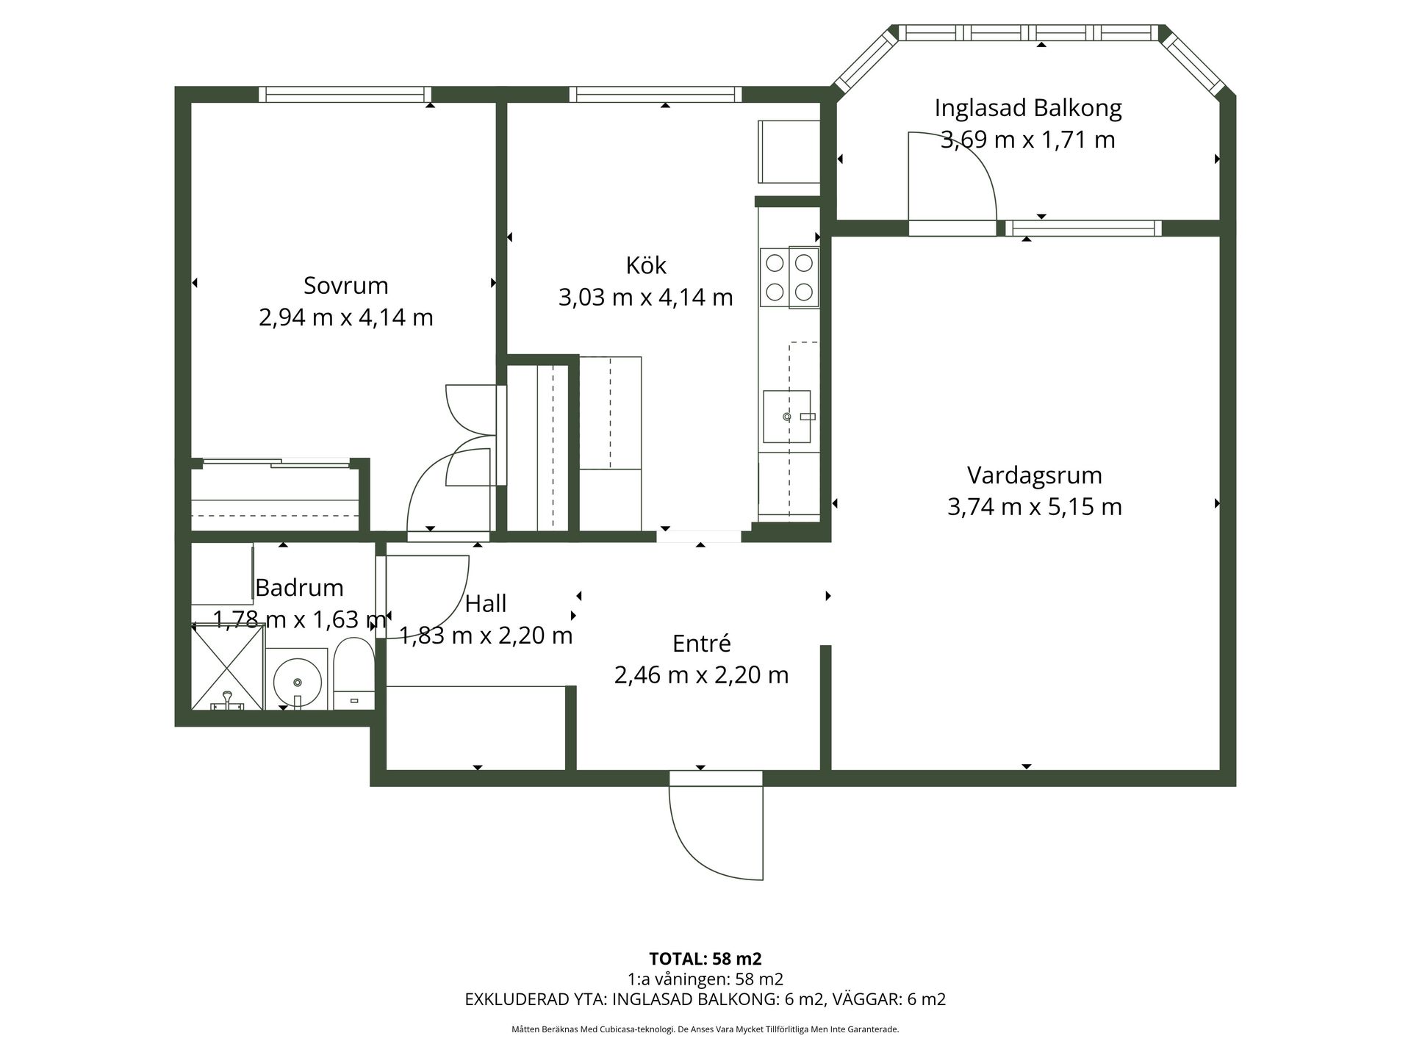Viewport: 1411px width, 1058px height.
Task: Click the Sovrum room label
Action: pos(345,285)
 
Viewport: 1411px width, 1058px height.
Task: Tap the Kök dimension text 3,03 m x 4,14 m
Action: pos(646,298)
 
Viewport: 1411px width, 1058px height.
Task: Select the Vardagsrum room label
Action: pos(1034,475)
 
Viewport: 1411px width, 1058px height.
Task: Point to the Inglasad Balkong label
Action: pos(1028,109)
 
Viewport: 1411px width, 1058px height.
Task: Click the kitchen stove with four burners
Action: pos(789,278)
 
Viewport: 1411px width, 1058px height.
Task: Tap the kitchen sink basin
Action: pos(786,417)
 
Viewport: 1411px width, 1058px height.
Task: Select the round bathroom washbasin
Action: pos(297,680)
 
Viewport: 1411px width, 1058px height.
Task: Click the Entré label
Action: pos(701,644)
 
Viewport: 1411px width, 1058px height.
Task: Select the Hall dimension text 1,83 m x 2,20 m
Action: pos(485,635)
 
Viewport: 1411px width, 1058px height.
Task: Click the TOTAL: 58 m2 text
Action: pos(705,959)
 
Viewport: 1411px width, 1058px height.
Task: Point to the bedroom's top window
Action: pos(345,94)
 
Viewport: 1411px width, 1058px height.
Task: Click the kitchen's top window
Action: pos(656,94)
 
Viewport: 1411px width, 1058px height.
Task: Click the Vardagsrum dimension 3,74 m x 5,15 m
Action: pos(1034,507)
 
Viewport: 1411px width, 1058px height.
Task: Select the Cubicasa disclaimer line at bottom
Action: pos(705,1029)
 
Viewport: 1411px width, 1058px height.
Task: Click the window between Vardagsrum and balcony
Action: pos(1083,228)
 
